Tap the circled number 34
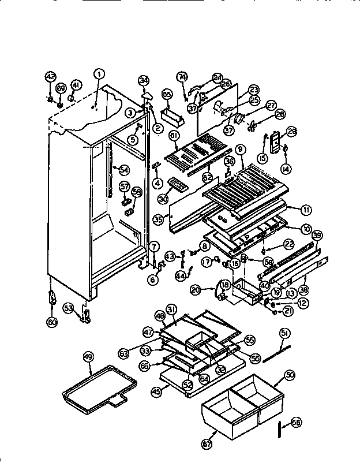click(x=144, y=80)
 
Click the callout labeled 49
click(x=88, y=357)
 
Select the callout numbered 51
click(x=284, y=333)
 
